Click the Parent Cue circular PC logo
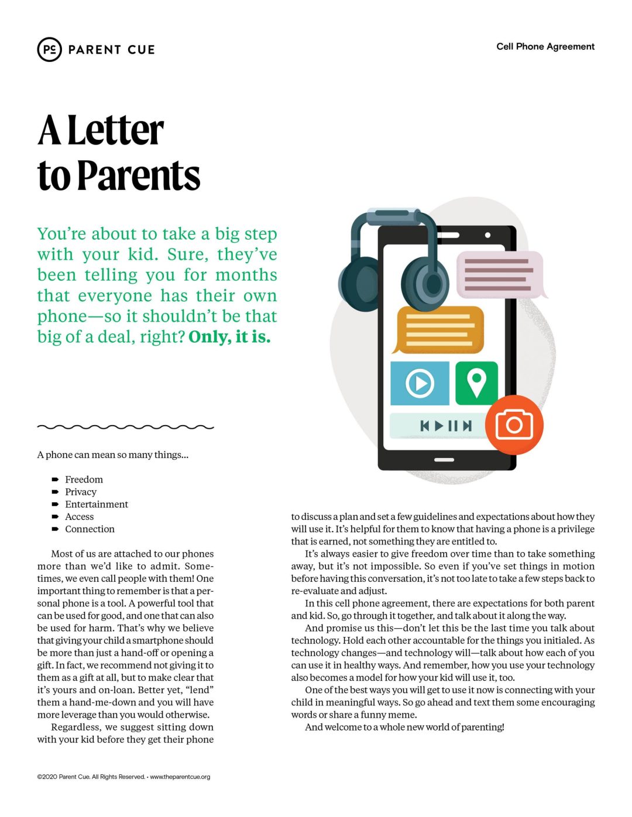coord(49,50)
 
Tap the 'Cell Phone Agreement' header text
coord(545,47)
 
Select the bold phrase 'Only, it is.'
coord(229,337)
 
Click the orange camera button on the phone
coord(514,425)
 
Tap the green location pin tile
coord(476,383)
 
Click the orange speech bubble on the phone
coord(440,329)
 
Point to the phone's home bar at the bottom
coord(444,460)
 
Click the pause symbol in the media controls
coord(452,426)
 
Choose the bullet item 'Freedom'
coord(84,480)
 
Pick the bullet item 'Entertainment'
coord(97,504)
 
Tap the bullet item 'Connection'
coord(90,529)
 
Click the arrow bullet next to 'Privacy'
coord(55,492)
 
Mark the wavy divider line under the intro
coord(125,427)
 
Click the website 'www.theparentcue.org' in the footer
coord(180,777)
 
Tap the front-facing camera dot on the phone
coord(487,236)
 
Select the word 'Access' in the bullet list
coord(80,516)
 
